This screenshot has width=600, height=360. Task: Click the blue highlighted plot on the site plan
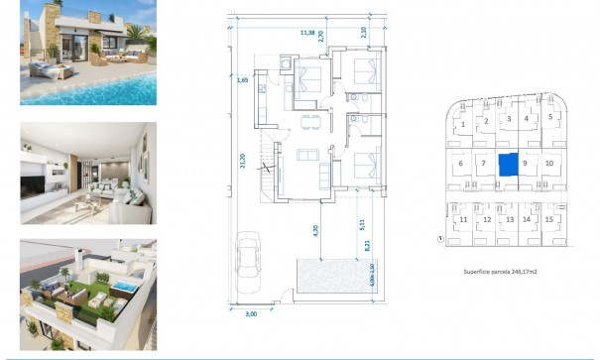coord(507,164)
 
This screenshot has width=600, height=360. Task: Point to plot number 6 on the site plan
coord(460,163)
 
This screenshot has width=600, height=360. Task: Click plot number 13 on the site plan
coord(509,219)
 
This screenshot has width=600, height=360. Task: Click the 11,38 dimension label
coord(308,33)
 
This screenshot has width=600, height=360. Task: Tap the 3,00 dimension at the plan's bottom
coord(251,314)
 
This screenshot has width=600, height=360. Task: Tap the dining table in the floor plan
coord(309,120)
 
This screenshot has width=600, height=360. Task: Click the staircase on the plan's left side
coord(265,169)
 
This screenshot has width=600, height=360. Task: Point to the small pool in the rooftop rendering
coord(127,286)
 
